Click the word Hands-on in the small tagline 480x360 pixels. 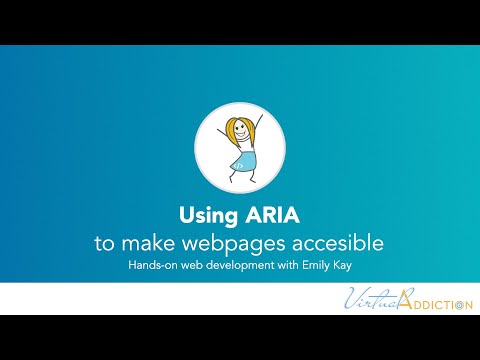coord(151,265)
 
